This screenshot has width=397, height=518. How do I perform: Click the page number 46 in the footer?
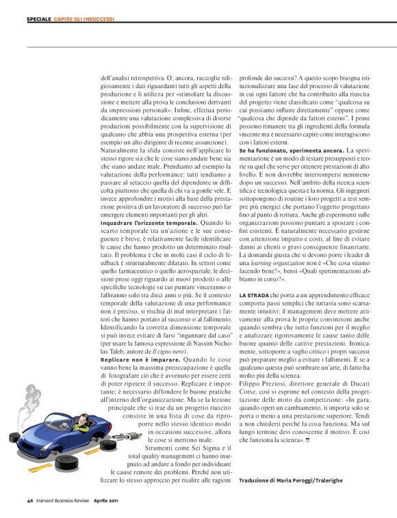(31, 500)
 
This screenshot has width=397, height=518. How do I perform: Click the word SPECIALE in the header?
(38, 18)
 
